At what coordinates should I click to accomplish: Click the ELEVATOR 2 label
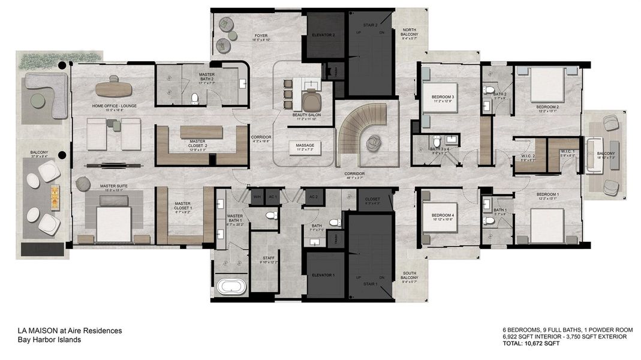pyautogui.click(x=323, y=35)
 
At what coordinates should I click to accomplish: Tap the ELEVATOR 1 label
pyautogui.click(x=323, y=275)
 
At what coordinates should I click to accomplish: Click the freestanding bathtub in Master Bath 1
pyautogui.click(x=230, y=286)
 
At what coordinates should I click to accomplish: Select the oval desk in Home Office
pyautogui.click(x=113, y=88)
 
